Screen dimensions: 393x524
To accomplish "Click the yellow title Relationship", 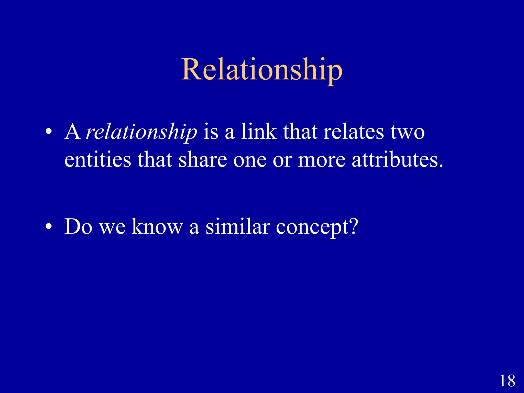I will point(261,70).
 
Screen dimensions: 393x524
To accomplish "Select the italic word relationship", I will point(141,132).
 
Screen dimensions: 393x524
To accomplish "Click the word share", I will point(203,160).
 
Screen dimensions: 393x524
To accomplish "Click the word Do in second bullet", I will point(78,226).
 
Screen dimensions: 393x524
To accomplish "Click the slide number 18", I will point(507,381).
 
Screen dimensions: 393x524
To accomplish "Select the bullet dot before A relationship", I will point(49,133).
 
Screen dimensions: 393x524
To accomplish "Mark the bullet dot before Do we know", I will point(49,227).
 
